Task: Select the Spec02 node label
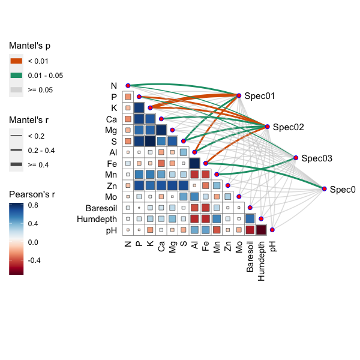(288, 127)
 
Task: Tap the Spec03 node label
(316, 158)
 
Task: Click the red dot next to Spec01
(239, 96)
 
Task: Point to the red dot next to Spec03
(296, 158)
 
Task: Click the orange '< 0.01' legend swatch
(16, 61)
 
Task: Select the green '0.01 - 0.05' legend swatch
(16, 75)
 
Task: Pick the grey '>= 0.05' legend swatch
(16, 89)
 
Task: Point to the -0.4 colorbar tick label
(36, 260)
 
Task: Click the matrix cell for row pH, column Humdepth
(261, 230)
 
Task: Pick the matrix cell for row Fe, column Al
(194, 163)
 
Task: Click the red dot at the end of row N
(128, 86)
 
